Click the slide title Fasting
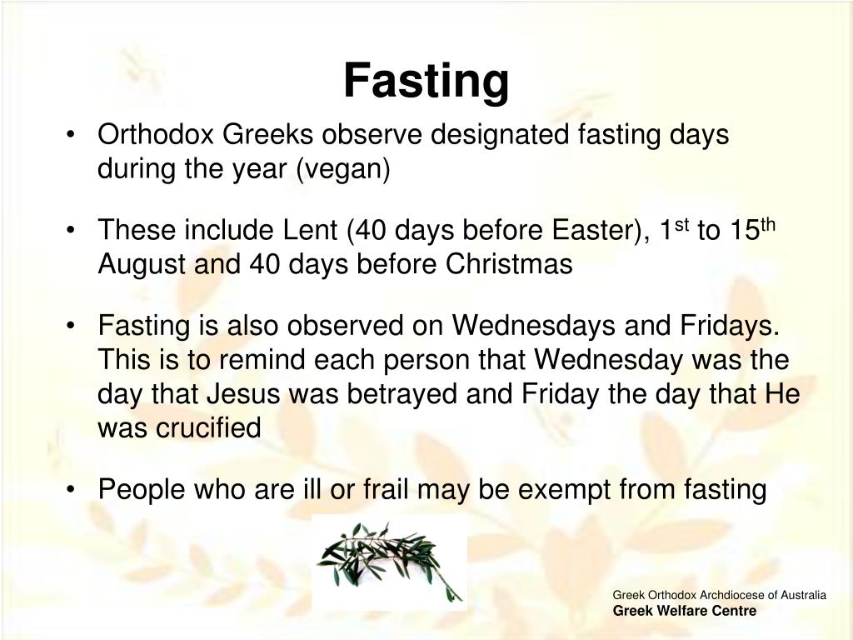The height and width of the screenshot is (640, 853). [426, 81]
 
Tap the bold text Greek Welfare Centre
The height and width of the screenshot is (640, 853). [685, 611]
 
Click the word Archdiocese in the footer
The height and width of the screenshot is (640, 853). [726, 595]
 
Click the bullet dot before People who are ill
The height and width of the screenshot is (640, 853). [74, 490]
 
